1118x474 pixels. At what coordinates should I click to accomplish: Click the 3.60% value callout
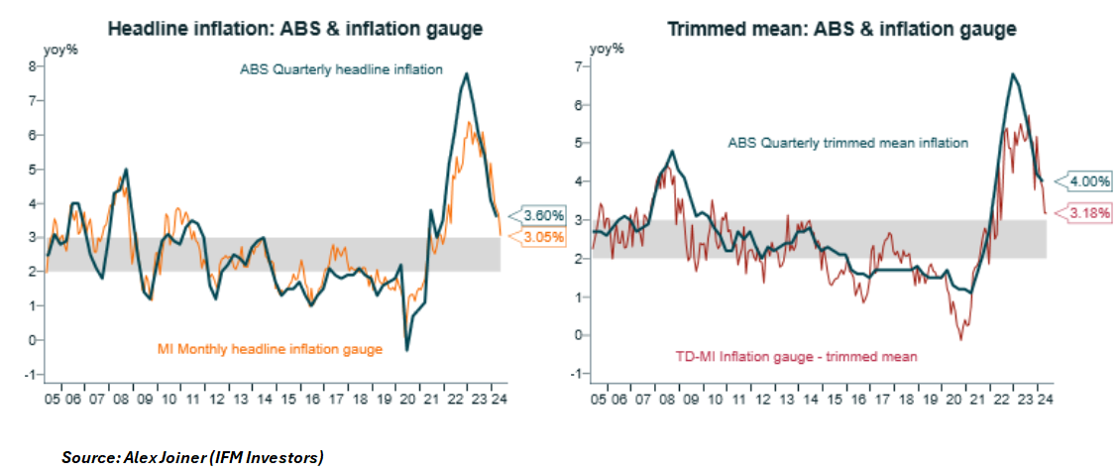point(543,215)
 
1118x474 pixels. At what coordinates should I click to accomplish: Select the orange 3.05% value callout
point(543,237)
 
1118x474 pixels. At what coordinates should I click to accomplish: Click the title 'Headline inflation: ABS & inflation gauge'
point(294,29)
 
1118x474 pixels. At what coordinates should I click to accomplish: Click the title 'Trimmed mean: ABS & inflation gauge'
point(841,29)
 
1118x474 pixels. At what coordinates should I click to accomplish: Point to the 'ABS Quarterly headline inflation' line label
point(341,70)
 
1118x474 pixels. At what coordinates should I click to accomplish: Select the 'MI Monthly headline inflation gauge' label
point(270,348)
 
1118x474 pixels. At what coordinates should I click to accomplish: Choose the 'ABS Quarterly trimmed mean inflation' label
point(847,143)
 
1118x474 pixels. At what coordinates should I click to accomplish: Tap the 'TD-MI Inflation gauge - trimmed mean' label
point(812,355)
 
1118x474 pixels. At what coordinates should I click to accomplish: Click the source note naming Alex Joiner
point(192,457)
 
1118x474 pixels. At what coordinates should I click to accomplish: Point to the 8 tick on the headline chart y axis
point(33,66)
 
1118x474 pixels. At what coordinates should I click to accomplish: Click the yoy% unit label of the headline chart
point(58,48)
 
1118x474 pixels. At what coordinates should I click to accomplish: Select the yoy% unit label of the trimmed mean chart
point(605,48)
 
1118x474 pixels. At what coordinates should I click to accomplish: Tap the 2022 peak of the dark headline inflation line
point(467,73)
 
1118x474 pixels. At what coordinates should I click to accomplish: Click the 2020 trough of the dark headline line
point(407,350)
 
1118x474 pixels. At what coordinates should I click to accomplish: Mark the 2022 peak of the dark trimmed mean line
point(1012,73)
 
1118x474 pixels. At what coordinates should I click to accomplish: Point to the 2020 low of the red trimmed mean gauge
point(960,340)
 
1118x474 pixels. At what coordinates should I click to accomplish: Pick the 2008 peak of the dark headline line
point(126,170)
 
